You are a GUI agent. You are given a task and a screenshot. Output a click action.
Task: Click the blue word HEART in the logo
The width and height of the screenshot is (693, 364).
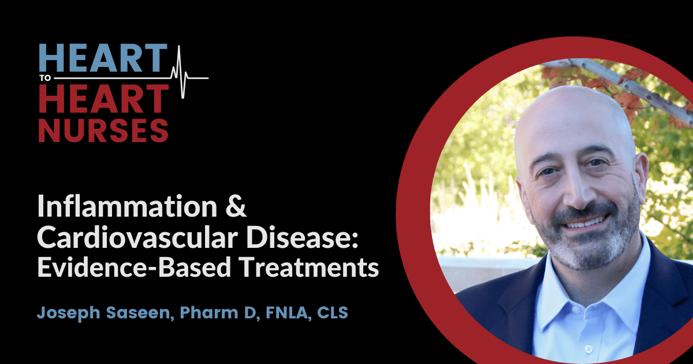click(102, 60)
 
